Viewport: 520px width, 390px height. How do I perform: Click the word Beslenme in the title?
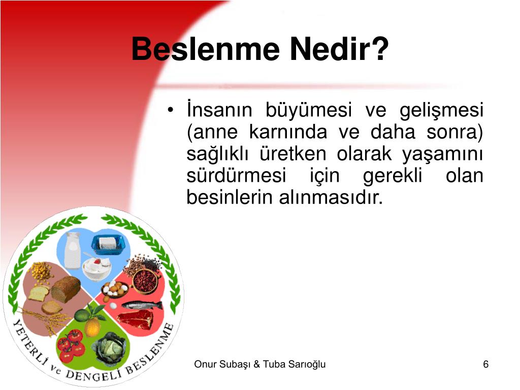click(206, 49)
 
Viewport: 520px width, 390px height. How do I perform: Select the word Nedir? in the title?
click(339, 49)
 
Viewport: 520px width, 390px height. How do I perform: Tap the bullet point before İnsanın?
click(170, 110)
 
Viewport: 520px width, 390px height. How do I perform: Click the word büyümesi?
click(308, 110)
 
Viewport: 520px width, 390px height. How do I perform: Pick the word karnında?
click(288, 132)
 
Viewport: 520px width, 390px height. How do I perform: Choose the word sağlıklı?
click(217, 154)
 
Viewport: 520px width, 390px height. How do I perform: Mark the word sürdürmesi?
click(236, 175)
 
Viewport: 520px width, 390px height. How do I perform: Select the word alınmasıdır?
click(331, 198)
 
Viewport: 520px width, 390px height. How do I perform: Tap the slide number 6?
click(486, 364)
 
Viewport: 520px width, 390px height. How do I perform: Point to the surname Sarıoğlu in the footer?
click(307, 365)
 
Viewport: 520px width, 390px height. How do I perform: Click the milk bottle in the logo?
click(72, 251)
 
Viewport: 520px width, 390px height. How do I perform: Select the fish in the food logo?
click(142, 305)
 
